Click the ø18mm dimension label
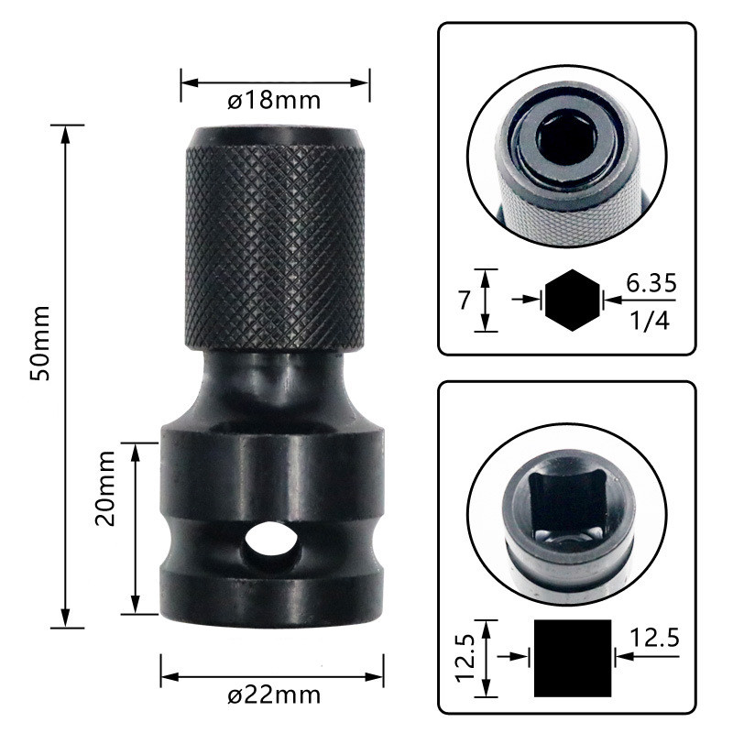(274, 100)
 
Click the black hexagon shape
(574, 299)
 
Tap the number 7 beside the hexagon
(463, 300)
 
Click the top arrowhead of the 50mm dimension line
(65, 132)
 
